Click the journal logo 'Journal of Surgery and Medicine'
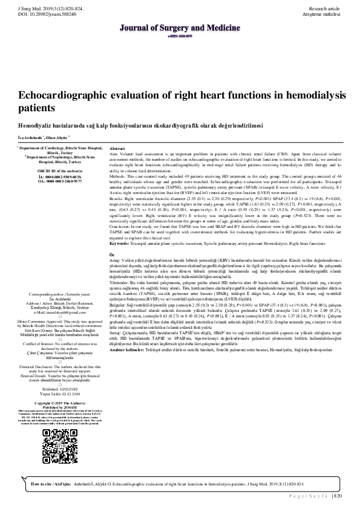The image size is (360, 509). click(179, 28)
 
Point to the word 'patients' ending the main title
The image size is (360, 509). click(36, 109)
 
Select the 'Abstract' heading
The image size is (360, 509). click(117, 148)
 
